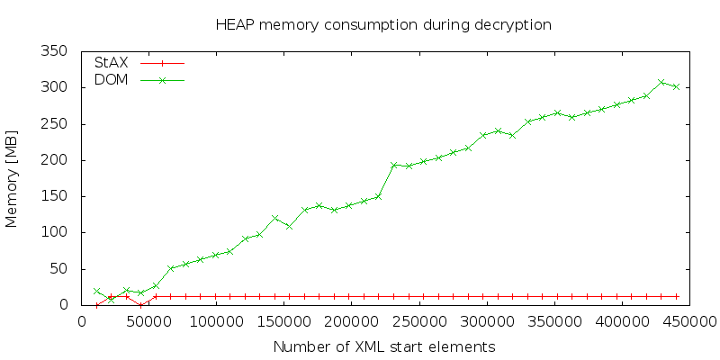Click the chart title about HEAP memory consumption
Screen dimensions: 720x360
[383, 24]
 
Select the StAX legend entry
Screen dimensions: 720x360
[139, 63]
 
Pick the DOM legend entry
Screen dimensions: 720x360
[139, 80]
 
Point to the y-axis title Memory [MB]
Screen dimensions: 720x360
[12, 178]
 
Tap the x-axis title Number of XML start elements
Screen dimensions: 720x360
[384, 346]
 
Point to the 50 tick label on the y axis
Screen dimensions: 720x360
[60, 268]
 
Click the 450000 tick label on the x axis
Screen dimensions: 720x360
[689, 320]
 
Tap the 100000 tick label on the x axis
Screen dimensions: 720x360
[216, 320]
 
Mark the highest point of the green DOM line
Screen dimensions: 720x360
[661, 82]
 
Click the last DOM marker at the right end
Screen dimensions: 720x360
[676, 86]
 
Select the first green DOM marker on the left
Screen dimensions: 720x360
[96, 291]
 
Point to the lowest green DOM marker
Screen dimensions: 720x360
[111, 300]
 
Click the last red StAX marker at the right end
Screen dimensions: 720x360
[676, 297]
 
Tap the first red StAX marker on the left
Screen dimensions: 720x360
[96, 305]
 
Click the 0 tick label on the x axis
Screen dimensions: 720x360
[81, 320]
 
